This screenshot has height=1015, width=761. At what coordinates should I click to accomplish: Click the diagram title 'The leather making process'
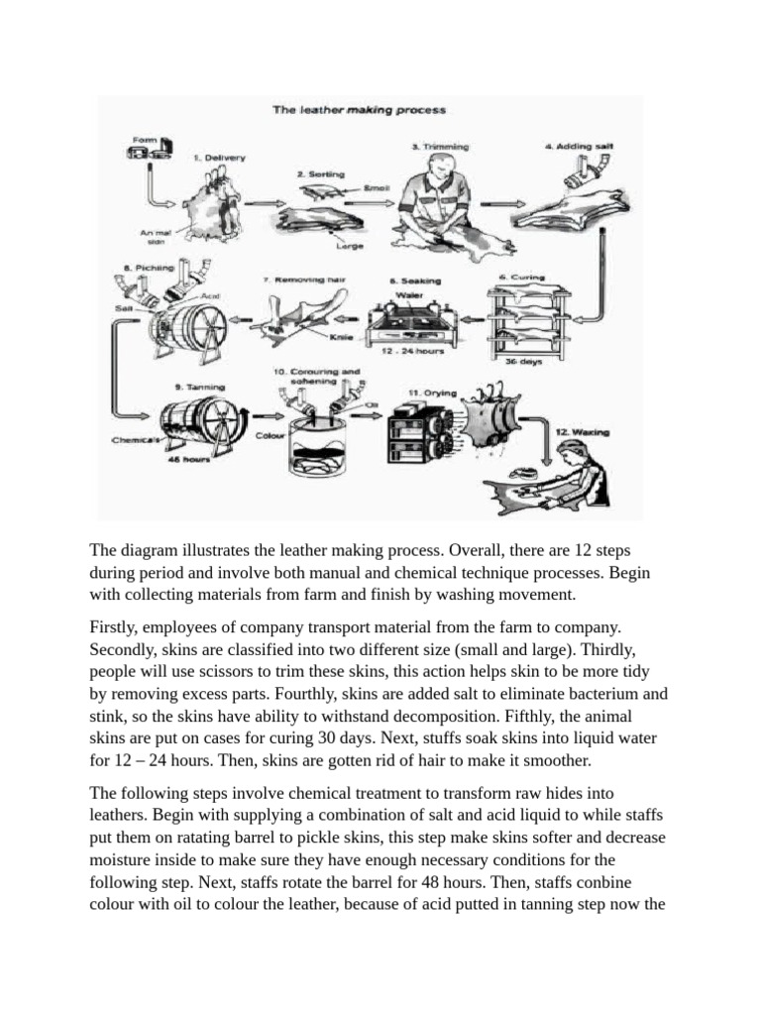click(x=359, y=110)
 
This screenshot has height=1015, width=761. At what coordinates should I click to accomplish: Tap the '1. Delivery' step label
click(x=218, y=157)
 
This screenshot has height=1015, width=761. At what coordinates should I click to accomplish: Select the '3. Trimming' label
click(x=440, y=147)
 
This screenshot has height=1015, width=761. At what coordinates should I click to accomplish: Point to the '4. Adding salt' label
click(x=579, y=147)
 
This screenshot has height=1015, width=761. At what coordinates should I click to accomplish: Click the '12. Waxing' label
click(x=583, y=431)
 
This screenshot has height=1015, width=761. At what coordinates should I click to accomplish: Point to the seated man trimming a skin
click(x=438, y=203)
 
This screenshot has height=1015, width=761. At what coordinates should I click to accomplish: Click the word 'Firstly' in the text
click(x=117, y=627)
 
